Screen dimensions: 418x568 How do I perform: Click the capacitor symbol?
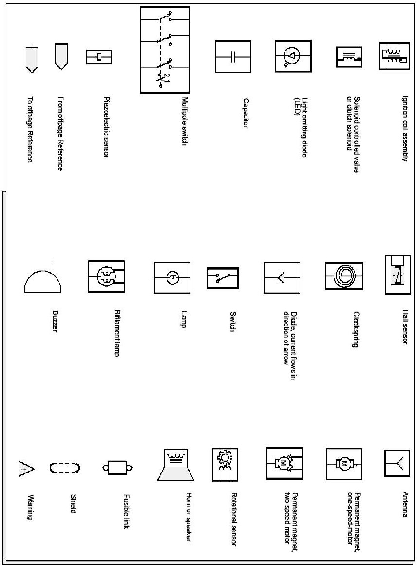[x=233, y=57]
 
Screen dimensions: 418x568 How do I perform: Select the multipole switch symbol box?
[x=164, y=49]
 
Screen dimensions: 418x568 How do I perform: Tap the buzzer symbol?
[x=43, y=280]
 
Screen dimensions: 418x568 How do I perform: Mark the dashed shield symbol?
[x=64, y=468]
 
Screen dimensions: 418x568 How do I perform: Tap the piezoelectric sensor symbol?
[x=99, y=57]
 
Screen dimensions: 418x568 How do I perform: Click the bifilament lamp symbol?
[x=106, y=277]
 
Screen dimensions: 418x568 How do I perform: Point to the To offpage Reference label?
[x=30, y=129]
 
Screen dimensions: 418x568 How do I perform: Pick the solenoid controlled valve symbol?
[x=349, y=57]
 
